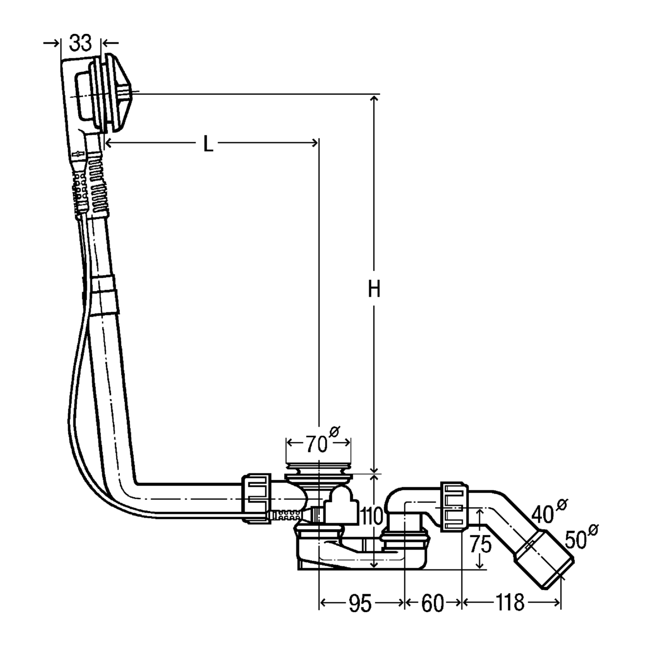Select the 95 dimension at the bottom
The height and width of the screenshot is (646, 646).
[x=360, y=604]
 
